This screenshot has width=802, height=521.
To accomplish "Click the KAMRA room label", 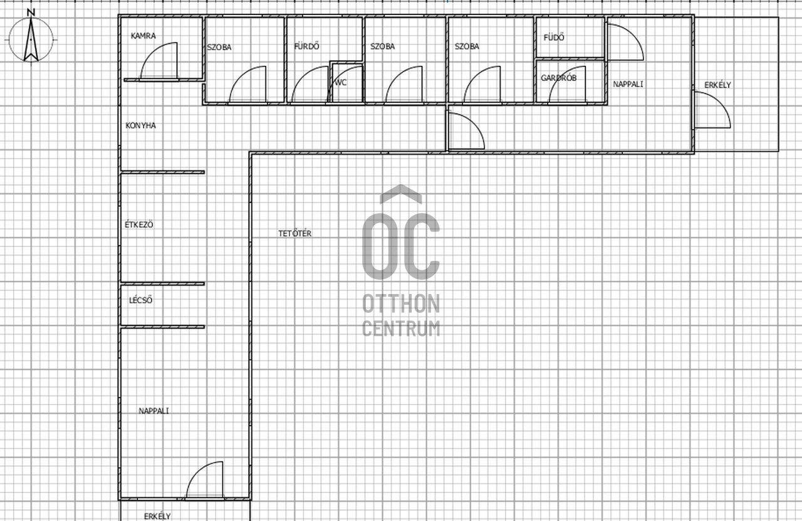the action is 143,36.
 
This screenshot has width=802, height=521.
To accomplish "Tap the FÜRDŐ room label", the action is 307,46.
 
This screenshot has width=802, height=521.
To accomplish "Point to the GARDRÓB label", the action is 558,78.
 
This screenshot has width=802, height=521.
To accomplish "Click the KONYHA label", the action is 141,125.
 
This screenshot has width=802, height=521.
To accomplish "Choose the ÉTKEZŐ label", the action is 139,224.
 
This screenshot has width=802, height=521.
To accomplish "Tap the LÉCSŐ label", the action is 141,300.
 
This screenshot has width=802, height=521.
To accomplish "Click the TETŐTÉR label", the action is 295,233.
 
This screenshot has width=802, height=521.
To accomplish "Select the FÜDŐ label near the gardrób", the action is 554,37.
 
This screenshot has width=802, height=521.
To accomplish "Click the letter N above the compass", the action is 31,13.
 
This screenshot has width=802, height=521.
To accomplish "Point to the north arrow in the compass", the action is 31,39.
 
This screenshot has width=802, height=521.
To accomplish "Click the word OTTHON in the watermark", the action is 401,303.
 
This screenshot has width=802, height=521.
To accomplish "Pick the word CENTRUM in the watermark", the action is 401,329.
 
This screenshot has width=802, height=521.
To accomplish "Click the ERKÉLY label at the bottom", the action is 157,517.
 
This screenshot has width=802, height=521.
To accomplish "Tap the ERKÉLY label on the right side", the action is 717,85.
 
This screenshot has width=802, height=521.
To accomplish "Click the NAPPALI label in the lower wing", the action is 154,411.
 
